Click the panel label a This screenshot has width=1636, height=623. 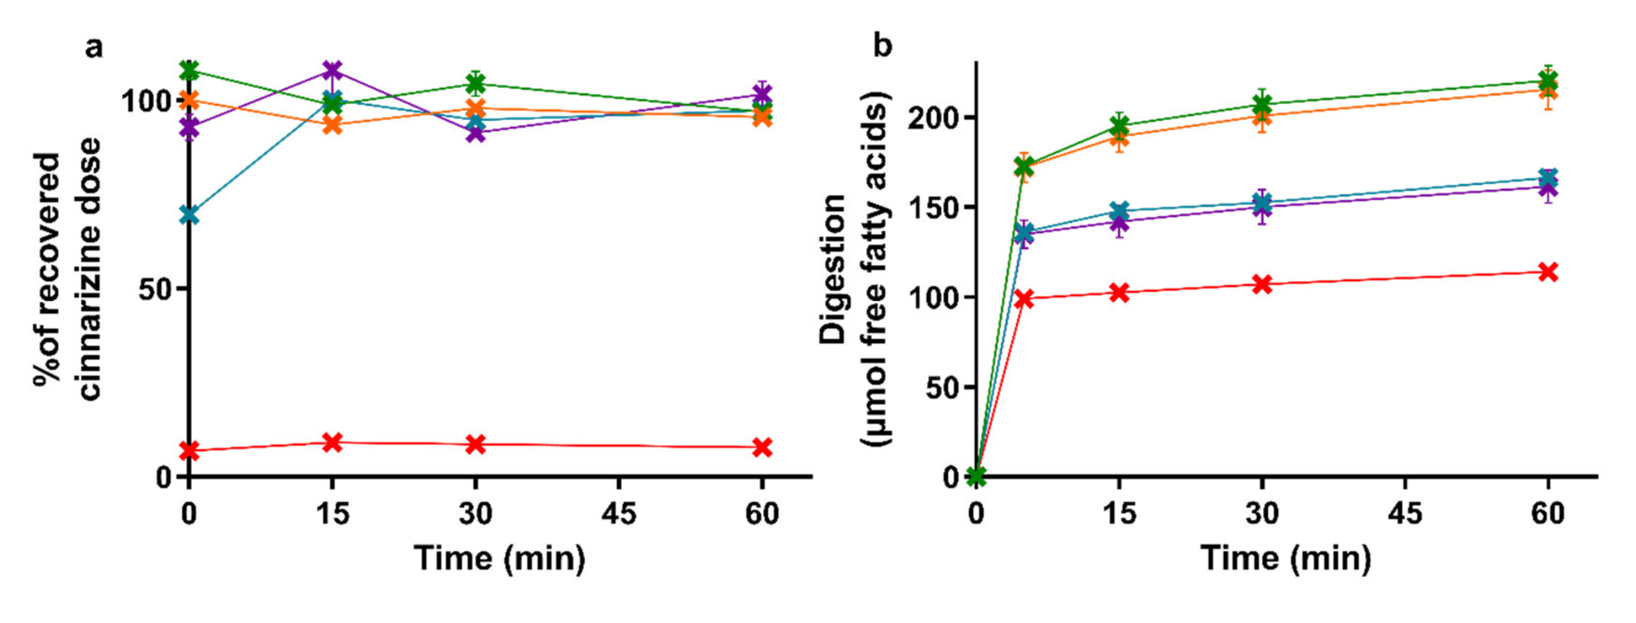pos(93,47)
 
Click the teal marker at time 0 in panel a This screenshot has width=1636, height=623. pos(189,215)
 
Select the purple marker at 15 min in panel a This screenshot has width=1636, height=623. pos(332,70)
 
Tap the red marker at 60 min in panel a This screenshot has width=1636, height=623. pos(762,447)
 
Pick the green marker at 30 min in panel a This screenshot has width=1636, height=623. pos(476,83)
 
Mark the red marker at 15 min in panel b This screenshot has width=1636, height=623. pos(1119,293)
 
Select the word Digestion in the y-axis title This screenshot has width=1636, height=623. pos(833,269)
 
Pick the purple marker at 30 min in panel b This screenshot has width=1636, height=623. pos(1262,207)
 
